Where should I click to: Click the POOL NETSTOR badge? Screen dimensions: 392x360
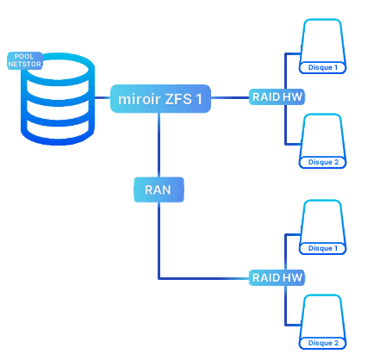25,60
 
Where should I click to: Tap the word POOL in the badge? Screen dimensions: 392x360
24,56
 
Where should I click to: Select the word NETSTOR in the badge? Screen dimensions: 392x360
25,64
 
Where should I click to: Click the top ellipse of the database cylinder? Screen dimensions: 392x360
58,69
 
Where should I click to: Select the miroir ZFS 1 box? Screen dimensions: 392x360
160,98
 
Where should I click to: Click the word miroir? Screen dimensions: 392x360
140,99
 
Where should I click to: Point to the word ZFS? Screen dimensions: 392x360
178,99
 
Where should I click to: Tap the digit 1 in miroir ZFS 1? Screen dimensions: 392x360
199,99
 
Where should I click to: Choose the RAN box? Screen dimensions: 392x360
159,189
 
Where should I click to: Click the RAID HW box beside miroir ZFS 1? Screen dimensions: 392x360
277,97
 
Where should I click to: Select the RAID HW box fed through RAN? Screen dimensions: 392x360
277,277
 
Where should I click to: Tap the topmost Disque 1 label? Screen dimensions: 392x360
322,67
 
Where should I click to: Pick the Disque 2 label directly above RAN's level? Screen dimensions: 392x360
323,162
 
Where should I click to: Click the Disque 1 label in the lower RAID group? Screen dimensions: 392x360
322,248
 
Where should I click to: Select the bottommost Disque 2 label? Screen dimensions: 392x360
323,343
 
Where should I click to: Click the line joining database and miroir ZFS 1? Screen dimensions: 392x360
103,98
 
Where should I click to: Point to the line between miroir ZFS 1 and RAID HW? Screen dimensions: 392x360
230,98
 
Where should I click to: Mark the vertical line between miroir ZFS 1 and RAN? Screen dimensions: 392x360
159,145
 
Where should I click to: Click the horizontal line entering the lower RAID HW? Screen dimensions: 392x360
203,278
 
